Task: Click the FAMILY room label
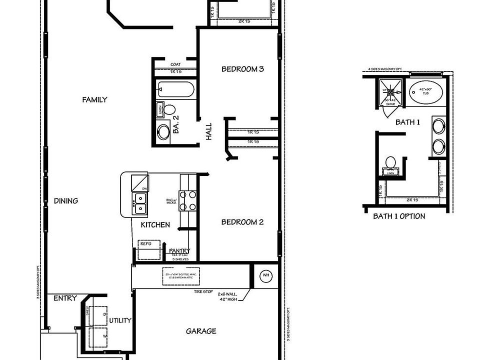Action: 94,99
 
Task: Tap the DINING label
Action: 66,201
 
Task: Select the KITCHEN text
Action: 155,225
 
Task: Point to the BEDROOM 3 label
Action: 242,69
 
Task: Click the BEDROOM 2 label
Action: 242,222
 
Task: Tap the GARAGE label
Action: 201,331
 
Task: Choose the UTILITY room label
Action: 120,320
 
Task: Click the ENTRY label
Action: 65,298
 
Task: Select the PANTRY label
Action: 179,250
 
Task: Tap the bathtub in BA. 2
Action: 175,90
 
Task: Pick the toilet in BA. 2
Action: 168,109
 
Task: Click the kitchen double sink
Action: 140,203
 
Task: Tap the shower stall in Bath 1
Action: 391,92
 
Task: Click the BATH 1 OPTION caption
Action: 399,216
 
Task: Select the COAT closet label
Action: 175,64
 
